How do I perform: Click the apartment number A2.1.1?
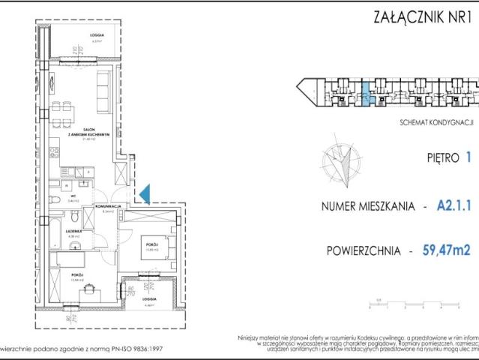[453, 205]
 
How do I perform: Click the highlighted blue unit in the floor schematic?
[365, 95]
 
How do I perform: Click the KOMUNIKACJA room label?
[109, 205]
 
